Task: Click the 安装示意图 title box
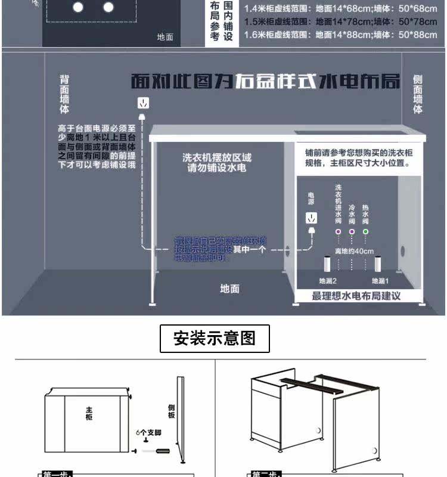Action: [x=215, y=339]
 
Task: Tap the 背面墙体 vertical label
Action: [x=64, y=94]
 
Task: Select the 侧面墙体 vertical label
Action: [x=418, y=94]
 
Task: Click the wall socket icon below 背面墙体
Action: [x=144, y=103]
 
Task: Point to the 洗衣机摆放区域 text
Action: [x=217, y=158]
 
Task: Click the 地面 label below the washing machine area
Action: [x=229, y=289]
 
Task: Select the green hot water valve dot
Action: [x=365, y=231]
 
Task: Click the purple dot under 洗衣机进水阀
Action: [x=338, y=231]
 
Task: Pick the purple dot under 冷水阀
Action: [x=352, y=231]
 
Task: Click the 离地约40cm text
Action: [x=354, y=251]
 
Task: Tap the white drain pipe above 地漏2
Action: [x=327, y=265]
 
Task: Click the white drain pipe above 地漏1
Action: [x=378, y=265]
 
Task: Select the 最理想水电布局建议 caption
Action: [x=356, y=296]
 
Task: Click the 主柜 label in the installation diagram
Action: [x=89, y=413]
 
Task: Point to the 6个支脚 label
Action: [x=148, y=432]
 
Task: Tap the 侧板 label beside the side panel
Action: [x=172, y=411]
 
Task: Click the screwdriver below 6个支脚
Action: [x=162, y=452]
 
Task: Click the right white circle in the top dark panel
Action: [x=108, y=7]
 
